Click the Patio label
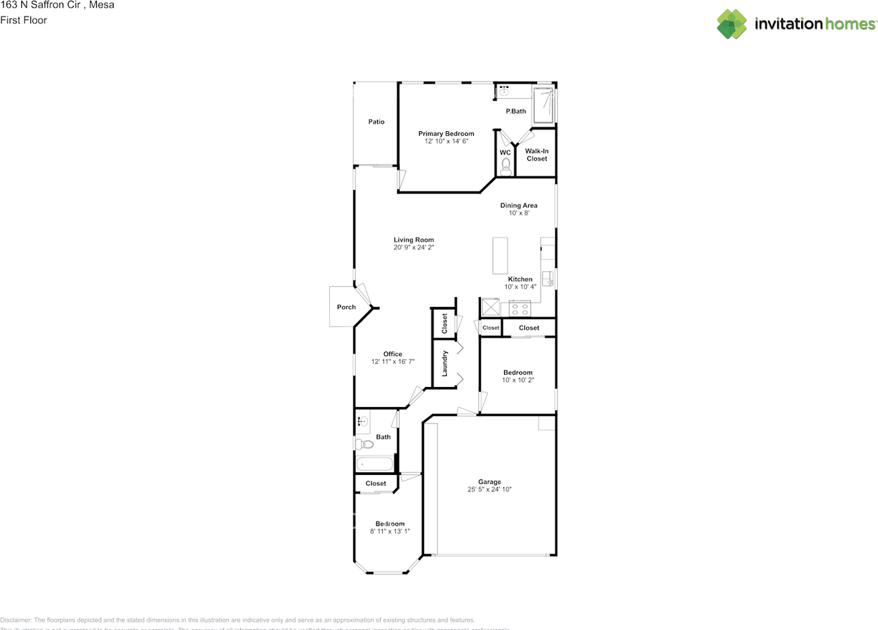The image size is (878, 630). pyautogui.click(x=376, y=122)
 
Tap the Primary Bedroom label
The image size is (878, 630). pyautogui.click(x=446, y=134)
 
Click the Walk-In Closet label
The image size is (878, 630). pyautogui.click(x=536, y=154)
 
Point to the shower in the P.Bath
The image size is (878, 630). pyautogui.click(x=543, y=105)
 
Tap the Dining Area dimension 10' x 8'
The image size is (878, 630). pyautogui.click(x=518, y=213)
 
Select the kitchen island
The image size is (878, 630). pyautogui.click(x=499, y=255)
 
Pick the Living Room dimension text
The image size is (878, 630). pyautogui.click(x=414, y=248)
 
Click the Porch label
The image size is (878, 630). pyautogui.click(x=346, y=307)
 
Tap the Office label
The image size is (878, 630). pyautogui.click(x=393, y=354)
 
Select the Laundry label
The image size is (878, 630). pyautogui.click(x=444, y=363)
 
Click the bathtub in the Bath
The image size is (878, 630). pyautogui.click(x=375, y=465)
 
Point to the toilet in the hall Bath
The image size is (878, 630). pyautogui.click(x=364, y=445)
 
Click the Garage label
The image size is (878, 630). pyautogui.click(x=490, y=482)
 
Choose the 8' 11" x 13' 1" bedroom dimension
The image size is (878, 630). pyautogui.click(x=390, y=531)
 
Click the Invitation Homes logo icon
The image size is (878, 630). pyautogui.click(x=732, y=24)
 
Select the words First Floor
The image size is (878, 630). pyautogui.click(x=23, y=21)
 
